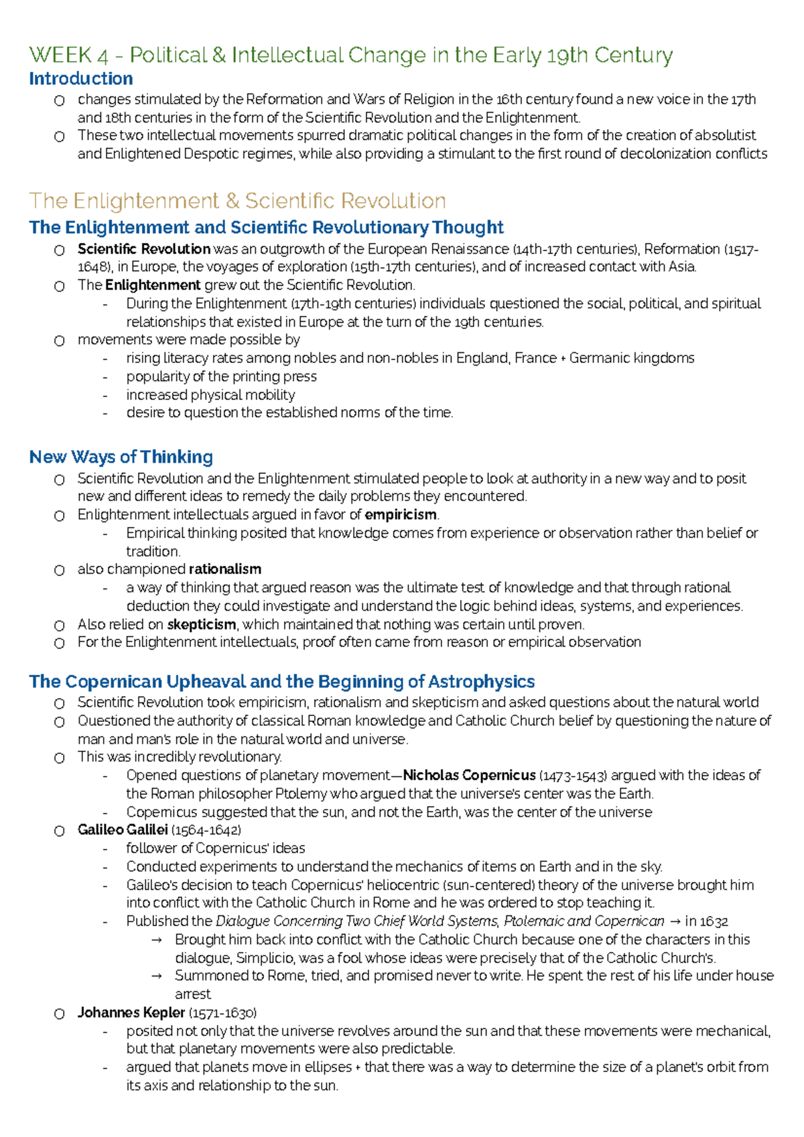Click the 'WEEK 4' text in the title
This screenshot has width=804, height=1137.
(68, 55)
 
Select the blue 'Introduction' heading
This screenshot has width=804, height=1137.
(80, 79)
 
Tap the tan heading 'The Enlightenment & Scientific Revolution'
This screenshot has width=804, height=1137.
(237, 201)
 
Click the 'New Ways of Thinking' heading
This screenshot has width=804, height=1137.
(121, 457)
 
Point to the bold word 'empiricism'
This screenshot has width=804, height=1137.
(400, 515)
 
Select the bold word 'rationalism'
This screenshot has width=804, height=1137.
(224, 569)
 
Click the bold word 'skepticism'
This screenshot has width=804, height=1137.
(201, 625)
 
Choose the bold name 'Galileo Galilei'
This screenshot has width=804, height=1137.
(122, 830)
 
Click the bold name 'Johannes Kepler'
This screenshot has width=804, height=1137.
(131, 1012)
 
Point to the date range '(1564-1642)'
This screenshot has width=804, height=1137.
(206, 830)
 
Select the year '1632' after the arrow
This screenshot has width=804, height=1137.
(714, 921)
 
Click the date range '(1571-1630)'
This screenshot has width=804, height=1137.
(222, 1012)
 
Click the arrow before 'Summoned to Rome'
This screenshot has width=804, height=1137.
(157, 976)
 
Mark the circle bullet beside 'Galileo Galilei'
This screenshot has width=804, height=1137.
(60, 831)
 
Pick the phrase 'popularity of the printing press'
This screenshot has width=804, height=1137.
(221, 376)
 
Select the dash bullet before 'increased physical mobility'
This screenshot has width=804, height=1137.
(105, 395)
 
